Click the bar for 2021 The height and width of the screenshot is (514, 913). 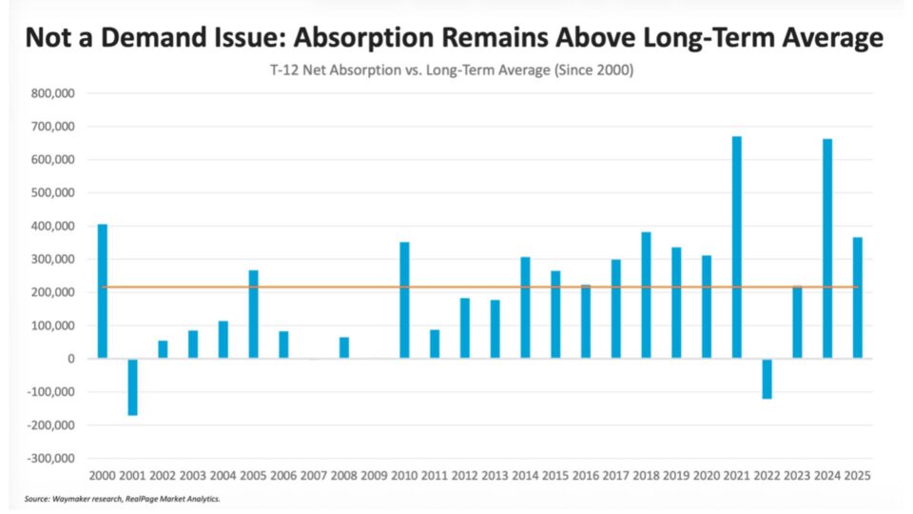[x=736, y=247]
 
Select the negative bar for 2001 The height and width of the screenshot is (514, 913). [x=133, y=387]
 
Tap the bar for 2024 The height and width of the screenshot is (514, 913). [x=827, y=248]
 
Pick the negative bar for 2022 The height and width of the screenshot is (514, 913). [x=767, y=379]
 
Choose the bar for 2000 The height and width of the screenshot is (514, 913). [x=103, y=291]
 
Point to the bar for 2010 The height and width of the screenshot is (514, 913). [x=405, y=300]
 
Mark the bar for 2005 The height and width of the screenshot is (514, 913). [x=253, y=314]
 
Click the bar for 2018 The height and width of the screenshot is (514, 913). [x=647, y=295]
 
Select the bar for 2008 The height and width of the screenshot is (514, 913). [x=344, y=347]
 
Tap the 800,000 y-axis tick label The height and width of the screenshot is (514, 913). [x=53, y=93]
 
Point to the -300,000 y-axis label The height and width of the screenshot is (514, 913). [x=50, y=459]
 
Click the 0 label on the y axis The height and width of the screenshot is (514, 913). [x=71, y=359]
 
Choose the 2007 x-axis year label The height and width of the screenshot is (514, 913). [x=314, y=476]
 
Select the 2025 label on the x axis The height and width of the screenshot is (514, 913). [x=858, y=476]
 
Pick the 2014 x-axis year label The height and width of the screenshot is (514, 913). [x=525, y=476]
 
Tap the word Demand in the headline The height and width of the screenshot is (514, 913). [x=153, y=37]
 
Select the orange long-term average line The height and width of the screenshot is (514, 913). [x=479, y=287]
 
